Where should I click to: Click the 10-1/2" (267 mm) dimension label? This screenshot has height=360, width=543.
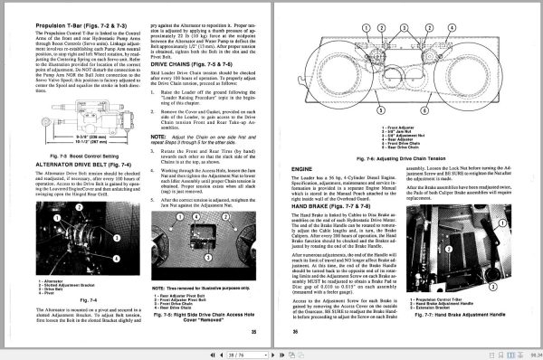tap(63, 145)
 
